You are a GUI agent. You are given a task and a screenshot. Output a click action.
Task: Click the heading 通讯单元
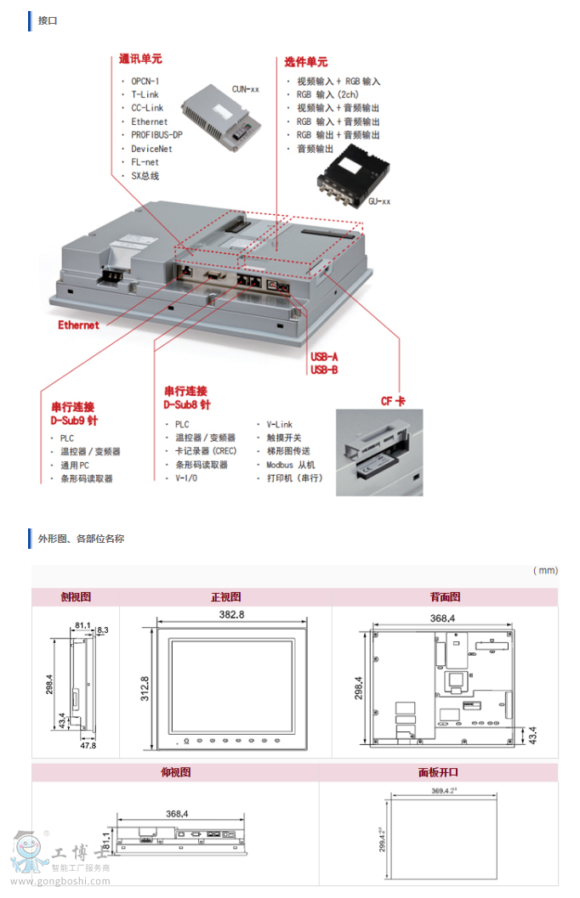140,59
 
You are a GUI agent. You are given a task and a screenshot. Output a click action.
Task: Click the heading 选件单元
305,62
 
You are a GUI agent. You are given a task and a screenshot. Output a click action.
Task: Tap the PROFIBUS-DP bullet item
156,135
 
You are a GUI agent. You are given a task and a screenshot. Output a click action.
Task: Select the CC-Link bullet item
147,108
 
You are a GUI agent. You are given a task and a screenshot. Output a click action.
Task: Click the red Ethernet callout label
78,325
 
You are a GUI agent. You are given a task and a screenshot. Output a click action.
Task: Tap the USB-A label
324,358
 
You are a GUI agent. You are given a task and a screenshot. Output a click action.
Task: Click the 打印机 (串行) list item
294,478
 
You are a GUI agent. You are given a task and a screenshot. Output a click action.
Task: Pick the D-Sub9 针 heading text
74,421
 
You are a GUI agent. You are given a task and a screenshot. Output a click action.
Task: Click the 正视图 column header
225,597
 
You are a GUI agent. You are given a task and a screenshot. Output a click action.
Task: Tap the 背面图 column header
445,597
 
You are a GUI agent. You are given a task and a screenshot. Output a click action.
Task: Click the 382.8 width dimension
231,614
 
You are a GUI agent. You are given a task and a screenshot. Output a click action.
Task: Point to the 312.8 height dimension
145,690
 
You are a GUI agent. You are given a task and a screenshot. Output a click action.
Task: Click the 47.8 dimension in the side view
88,745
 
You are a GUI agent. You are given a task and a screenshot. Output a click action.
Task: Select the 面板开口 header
438,772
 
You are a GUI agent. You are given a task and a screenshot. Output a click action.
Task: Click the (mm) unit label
545,571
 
